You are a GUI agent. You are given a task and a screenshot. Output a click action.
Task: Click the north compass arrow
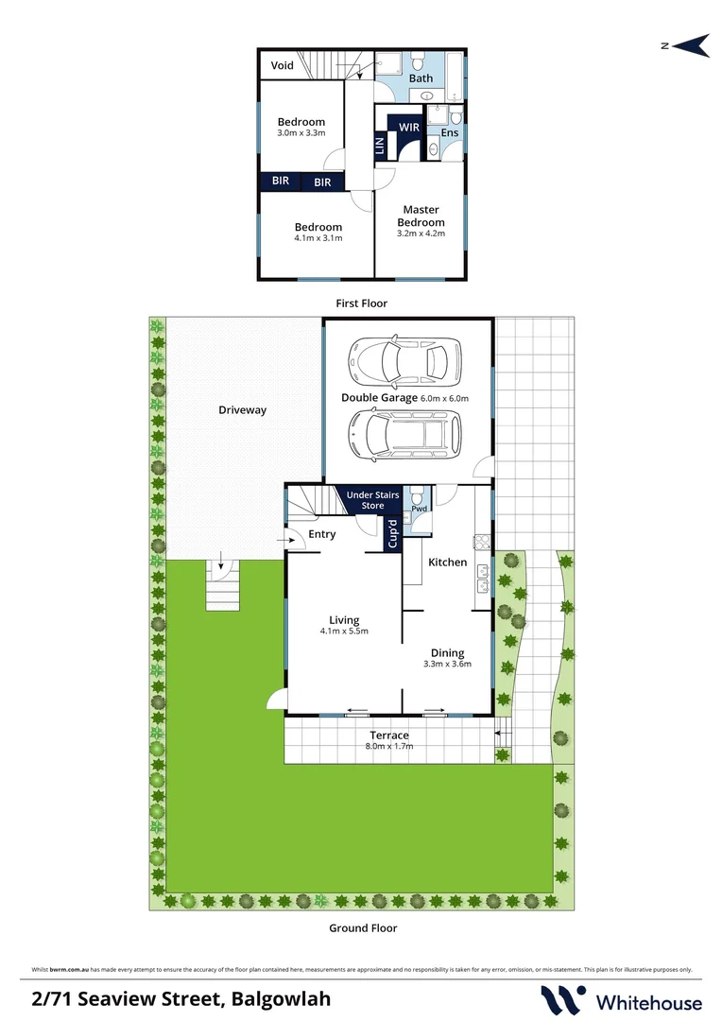[687, 44]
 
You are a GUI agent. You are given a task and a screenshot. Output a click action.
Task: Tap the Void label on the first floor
[283, 65]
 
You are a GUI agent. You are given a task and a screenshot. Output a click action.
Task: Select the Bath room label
[421, 78]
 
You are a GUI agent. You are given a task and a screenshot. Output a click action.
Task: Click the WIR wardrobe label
[409, 127]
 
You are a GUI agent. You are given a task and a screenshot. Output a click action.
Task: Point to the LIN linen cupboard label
[380, 147]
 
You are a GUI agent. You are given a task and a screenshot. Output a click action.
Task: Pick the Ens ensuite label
[450, 133]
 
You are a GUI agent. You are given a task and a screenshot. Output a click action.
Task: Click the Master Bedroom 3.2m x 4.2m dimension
[421, 233]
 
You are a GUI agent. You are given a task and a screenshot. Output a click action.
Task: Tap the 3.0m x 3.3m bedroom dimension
[301, 133]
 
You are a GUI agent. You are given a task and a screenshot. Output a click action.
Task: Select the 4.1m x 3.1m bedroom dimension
[318, 238]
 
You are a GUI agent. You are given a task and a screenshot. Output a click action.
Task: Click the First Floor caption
[362, 303]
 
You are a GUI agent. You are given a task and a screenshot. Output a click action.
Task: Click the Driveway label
[243, 410]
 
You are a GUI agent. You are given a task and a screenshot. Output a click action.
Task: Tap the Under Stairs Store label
[373, 500]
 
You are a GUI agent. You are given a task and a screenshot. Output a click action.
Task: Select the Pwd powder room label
[419, 509]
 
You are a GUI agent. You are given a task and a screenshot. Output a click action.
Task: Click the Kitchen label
[447, 562]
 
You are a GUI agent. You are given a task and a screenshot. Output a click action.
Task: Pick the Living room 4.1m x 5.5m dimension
[344, 632]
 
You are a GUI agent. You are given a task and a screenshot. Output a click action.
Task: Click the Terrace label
[389, 735]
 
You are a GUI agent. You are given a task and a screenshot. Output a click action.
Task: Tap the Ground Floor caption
[363, 928]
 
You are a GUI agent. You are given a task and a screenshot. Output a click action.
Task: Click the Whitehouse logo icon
[561, 1000]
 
